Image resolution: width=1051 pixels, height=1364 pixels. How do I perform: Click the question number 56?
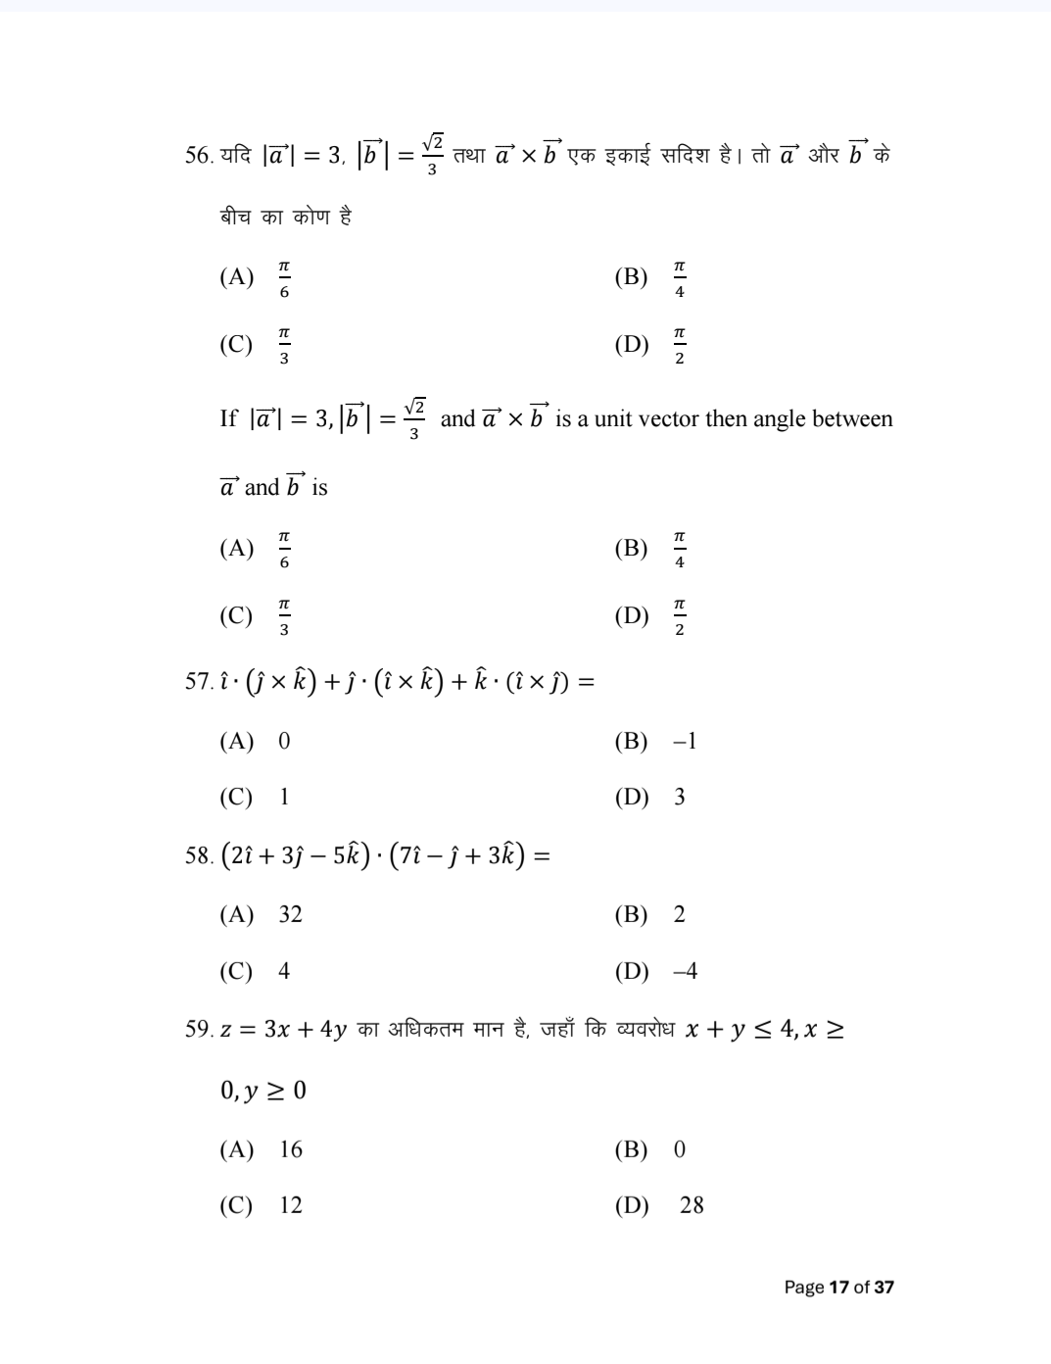pyautogui.click(x=197, y=155)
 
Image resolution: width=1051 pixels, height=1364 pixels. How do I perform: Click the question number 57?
pyautogui.click(x=197, y=681)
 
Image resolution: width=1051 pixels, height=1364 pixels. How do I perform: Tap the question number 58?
pyautogui.click(x=197, y=855)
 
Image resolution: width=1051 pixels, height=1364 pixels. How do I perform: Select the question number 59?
pyautogui.click(x=197, y=1029)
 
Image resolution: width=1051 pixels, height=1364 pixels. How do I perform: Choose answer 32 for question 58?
pyautogui.click(x=290, y=914)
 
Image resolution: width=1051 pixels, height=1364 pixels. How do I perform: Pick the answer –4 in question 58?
pyautogui.click(x=685, y=971)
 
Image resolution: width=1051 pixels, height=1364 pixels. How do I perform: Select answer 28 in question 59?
pyautogui.click(x=692, y=1205)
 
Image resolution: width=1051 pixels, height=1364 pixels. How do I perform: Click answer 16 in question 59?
pyautogui.click(x=290, y=1149)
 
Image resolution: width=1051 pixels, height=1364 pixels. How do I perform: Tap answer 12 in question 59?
pyautogui.click(x=290, y=1205)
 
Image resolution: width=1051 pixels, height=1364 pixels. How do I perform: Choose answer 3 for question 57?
pyautogui.click(x=679, y=797)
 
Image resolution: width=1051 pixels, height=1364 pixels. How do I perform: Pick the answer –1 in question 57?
pyautogui.click(x=685, y=741)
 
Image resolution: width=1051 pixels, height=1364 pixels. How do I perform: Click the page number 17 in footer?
pyautogui.click(x=838, y=1287)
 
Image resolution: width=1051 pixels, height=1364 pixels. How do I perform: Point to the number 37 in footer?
pyautogui.click(x=884, y=1287)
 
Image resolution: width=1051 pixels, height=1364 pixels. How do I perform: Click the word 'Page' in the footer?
pyautogui.click(x=804, y=1287)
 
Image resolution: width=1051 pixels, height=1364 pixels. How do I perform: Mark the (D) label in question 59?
pyautogui.click(x=631, y=1205)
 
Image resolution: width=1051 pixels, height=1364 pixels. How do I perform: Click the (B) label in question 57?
pyautogui.click(x=631, y=741)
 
